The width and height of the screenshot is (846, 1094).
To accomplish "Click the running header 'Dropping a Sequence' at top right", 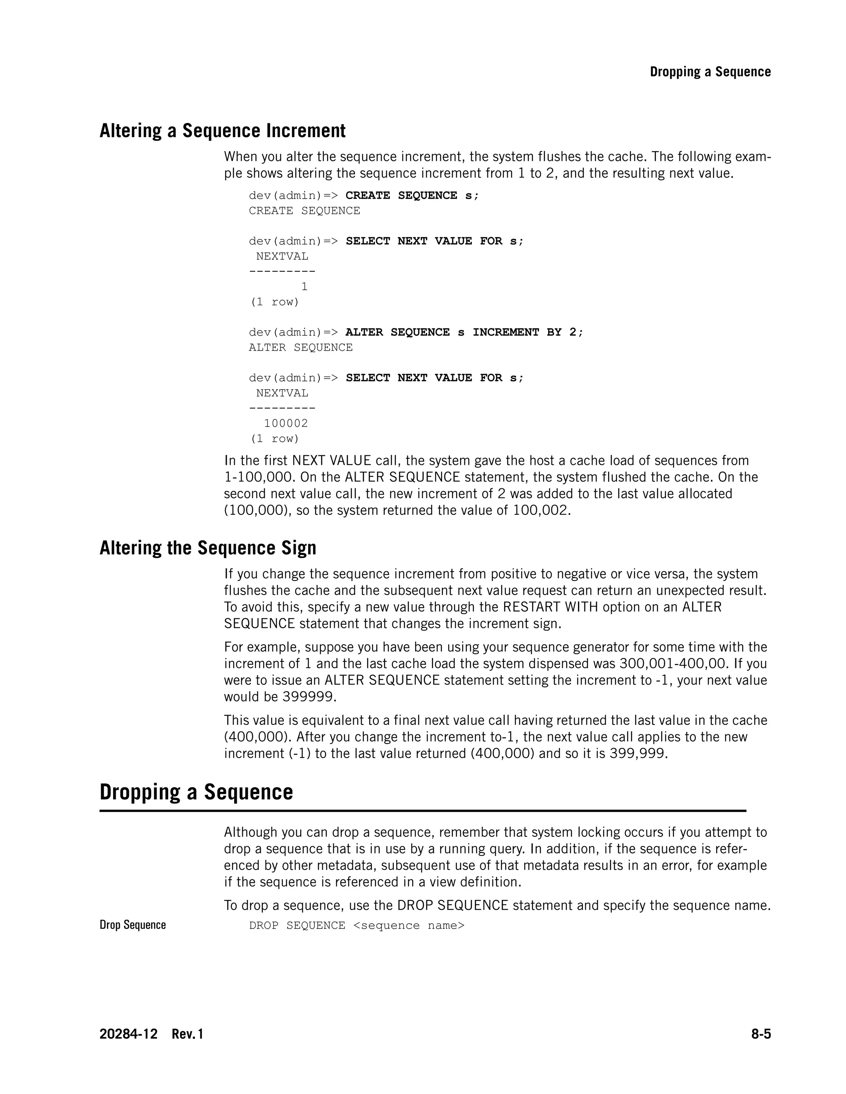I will tap(710, 72).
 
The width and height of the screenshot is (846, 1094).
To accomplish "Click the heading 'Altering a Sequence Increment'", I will tap(223, 131).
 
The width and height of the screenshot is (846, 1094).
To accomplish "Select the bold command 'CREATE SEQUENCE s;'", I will tap(412, 196).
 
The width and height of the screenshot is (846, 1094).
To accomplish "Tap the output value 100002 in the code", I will tap(286, 423).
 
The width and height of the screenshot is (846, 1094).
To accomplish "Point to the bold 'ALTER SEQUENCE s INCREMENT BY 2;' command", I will tap(464, 332).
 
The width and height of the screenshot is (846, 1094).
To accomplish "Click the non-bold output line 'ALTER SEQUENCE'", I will tap(301, 348).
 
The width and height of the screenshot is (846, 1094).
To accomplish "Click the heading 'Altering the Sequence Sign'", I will tap(208, 548).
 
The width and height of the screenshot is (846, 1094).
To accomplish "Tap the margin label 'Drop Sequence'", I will tap(133, 925).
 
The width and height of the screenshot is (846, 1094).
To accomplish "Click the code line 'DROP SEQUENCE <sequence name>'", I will tap(357, 925).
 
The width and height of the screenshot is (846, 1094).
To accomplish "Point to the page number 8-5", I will tap(760, 1034).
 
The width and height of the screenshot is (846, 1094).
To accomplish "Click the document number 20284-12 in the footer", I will tap(128, 1034).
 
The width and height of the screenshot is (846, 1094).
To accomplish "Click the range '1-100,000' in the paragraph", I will tap(258, 477).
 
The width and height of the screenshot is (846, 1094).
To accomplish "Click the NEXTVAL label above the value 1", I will tap(282, 256).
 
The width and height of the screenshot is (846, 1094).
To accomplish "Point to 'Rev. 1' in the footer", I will tap(188, 1034).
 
